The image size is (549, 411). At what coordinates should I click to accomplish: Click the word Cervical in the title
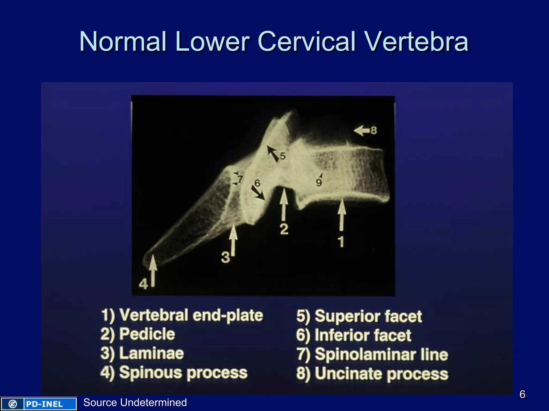click(x=307, y=41)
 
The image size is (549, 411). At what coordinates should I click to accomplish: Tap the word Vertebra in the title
click(x=417, y=41)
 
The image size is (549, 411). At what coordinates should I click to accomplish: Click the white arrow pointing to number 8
click(x=362, y=131)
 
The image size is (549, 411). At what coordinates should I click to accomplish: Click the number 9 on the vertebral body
click(x=319, y=183)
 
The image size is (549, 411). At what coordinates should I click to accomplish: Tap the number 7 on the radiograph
click(x=240, y=179)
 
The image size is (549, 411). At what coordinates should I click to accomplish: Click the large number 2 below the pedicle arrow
click(x=284, y=229)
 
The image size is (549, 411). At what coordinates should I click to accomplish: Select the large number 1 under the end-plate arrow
click(x=341, y=242)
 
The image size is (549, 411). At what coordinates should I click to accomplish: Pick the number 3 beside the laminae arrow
click(x=225, y=258)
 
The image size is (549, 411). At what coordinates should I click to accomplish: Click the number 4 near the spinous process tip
click(x=143, y=284)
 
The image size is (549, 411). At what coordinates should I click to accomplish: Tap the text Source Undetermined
click(x=135, y=402)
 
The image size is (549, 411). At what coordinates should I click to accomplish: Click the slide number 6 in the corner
click(x=522, y=394)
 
